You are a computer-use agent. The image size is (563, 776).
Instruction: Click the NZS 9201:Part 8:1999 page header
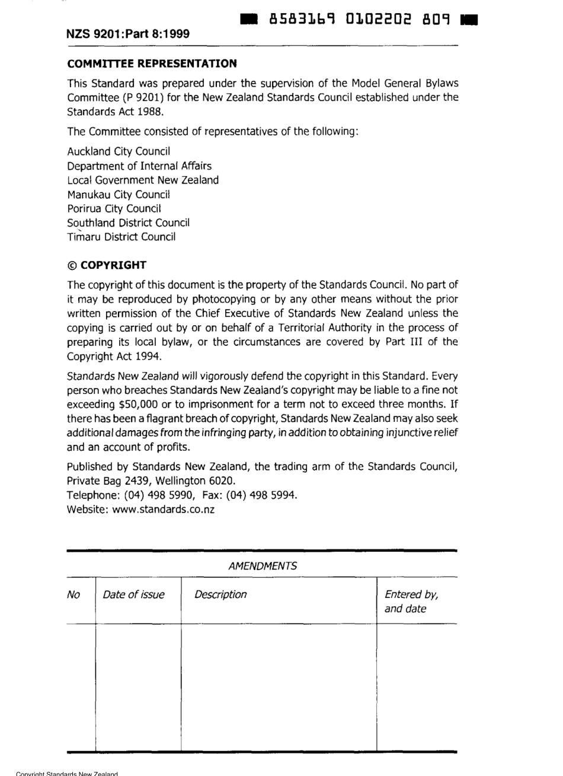(128, 34)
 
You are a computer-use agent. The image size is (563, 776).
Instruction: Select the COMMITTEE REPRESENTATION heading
(152, 63)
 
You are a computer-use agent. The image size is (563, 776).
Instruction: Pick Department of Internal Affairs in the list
(139, 166)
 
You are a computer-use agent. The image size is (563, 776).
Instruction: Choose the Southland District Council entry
(128, 222)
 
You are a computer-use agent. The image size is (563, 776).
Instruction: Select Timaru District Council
(121, 237)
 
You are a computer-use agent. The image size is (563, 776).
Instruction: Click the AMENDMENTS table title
(262, 567)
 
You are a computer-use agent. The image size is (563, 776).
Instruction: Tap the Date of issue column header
(134, 594)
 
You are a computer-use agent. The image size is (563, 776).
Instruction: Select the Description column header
(220, 594)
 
